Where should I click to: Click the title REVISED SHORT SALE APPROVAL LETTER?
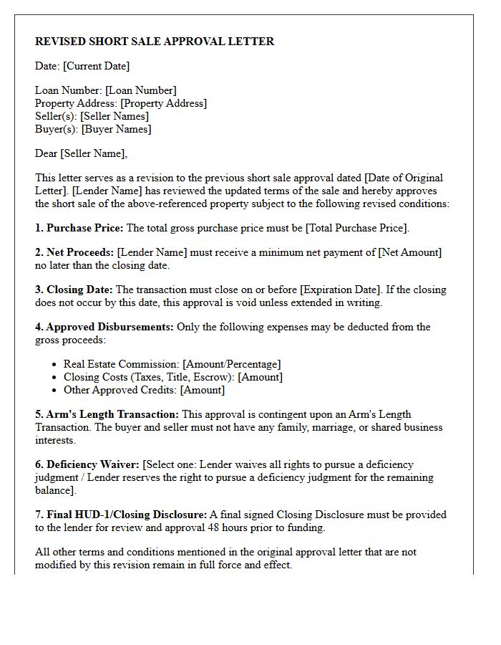[x=155, y=42]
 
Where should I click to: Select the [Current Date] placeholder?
[x=97, y=66]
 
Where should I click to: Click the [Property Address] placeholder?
[x=163, y=103]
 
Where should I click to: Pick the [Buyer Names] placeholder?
[x=117, y=129]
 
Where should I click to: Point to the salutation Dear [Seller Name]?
[x=81, y=153]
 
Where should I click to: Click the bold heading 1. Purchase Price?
[x=79, y=228]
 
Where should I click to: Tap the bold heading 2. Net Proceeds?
[x=74, y=252]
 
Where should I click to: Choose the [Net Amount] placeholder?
[x=410, y=252]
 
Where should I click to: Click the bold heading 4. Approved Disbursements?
[x=104, y=327]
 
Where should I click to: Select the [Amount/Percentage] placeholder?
[x=232, y=364]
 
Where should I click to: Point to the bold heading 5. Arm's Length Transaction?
[x=107, y=414]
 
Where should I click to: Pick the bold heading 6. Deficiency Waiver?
[x=87, y=464]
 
